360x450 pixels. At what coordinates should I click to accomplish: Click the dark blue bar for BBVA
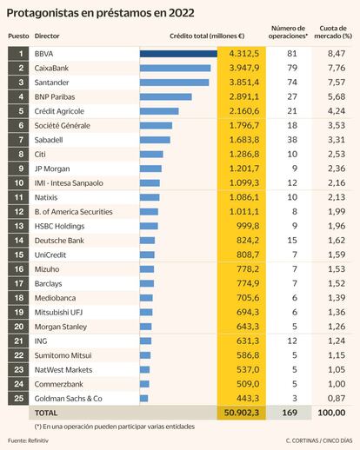pos(178,54)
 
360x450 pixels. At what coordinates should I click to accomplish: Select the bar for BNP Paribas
pos(166,96)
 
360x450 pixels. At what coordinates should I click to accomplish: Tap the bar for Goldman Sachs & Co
pos(143,399)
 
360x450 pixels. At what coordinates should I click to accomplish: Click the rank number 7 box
pos(18,140)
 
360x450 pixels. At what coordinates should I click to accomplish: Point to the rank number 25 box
pos(18,399)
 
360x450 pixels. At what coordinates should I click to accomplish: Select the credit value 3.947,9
pos(244,68)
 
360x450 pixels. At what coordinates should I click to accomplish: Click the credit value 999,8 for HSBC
pos(248,226)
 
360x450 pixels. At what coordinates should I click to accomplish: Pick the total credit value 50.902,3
pos(242,413)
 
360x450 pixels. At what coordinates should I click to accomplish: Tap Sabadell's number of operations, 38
pos(292,140)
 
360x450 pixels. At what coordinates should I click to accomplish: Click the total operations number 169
pos(290,413)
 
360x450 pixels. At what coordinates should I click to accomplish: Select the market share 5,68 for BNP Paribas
pos(337,96)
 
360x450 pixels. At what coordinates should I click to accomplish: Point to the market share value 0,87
pos(337,399)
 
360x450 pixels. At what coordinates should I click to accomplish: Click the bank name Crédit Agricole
pos(59,111)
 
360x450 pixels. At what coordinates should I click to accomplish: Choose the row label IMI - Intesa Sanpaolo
pos(69,183)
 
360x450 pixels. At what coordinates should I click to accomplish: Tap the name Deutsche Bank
pos(59,241)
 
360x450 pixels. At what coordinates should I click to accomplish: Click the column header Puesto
pos(18,36)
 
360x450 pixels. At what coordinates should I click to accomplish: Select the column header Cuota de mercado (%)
pos(333,32)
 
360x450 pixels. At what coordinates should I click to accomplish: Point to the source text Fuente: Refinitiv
pos(28,440)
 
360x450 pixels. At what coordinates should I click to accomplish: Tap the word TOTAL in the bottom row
pos(46,413)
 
